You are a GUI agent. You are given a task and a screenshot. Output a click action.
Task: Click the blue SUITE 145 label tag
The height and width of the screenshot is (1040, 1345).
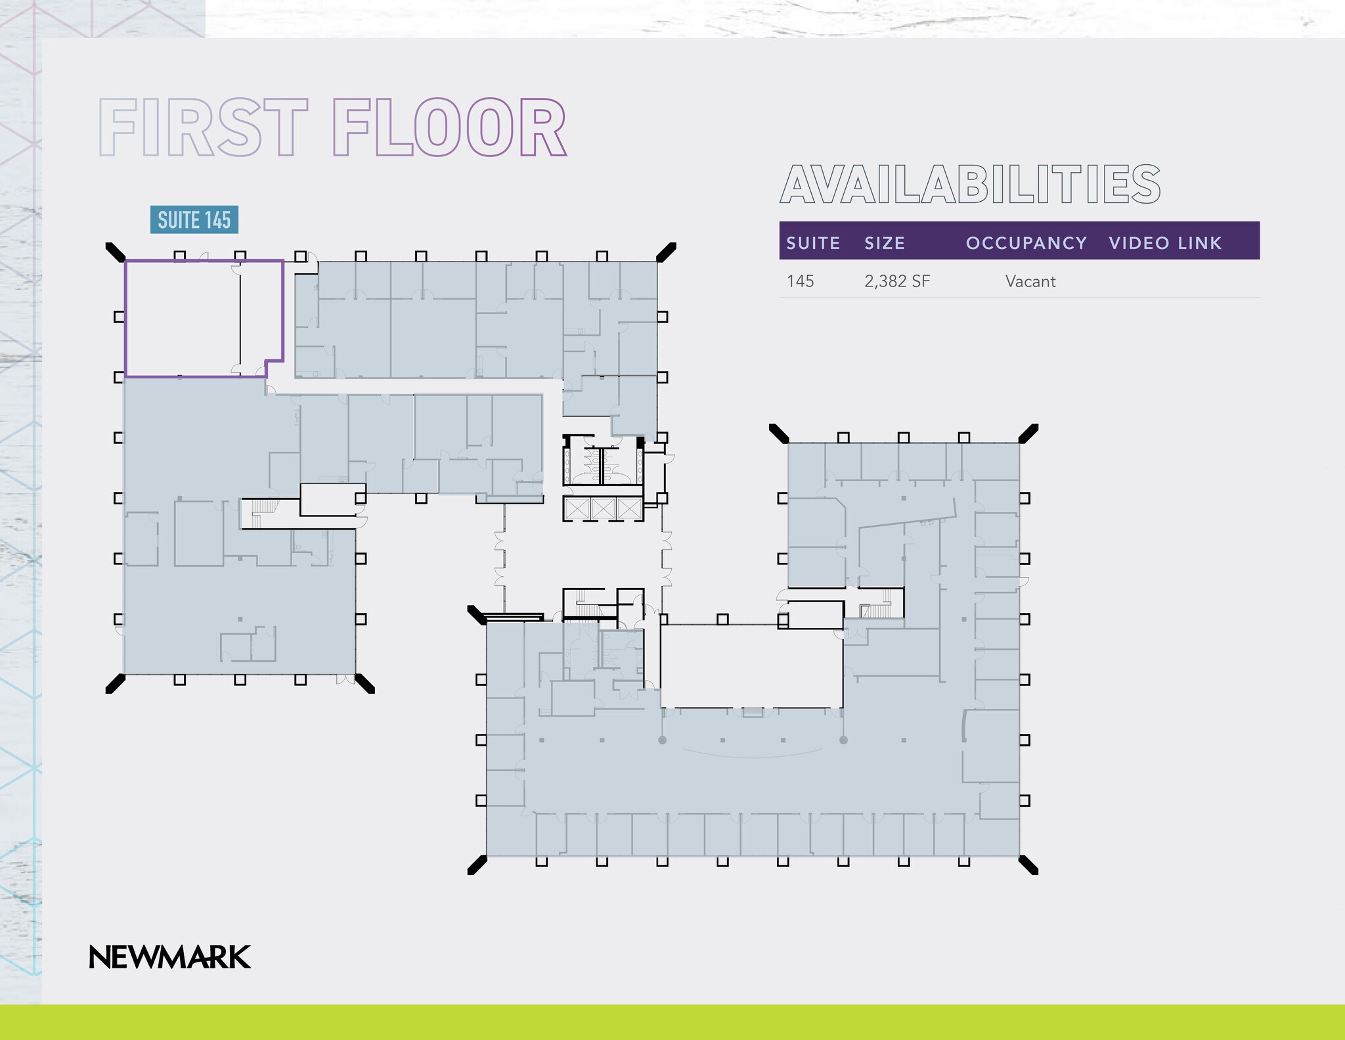click(194, 219)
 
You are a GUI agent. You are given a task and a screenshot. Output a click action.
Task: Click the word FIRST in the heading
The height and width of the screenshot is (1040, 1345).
click(203, 127)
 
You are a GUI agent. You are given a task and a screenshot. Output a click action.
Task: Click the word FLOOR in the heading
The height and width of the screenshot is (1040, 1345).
click(449, 127)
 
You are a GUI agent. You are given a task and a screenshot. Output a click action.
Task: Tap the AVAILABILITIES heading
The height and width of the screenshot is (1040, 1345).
click(970, 185)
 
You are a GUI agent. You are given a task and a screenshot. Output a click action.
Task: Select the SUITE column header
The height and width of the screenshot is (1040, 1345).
click(813, 243)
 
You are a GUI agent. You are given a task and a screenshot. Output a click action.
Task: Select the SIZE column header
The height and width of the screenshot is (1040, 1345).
click(885, 243)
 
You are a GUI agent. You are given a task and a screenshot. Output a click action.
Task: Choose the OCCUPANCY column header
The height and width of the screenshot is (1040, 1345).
click(1026, 243)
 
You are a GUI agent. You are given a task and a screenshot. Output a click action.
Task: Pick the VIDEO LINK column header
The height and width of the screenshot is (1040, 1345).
click(1165, 243)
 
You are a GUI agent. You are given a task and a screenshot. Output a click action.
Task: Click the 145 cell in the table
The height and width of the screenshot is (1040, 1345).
click(801, 281)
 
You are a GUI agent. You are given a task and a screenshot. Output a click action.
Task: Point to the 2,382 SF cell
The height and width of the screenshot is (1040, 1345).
click(897, 281)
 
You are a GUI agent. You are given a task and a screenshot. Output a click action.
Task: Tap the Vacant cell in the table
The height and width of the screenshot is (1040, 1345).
click(1030, 281)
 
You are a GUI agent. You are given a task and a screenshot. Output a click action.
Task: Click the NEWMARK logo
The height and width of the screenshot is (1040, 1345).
click(169, 957)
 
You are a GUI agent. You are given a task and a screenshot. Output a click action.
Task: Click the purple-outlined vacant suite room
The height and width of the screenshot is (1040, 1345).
click(182, 318)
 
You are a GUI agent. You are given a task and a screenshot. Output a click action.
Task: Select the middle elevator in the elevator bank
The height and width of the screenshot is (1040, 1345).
click(602, 509)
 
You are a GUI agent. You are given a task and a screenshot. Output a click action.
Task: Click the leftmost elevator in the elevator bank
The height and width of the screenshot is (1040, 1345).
click(577, 509)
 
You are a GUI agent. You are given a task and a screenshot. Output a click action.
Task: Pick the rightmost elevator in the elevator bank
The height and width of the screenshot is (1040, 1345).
click(628, 509)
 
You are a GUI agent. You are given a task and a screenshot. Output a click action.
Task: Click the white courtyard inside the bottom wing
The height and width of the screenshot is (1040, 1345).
click(751, 665)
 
